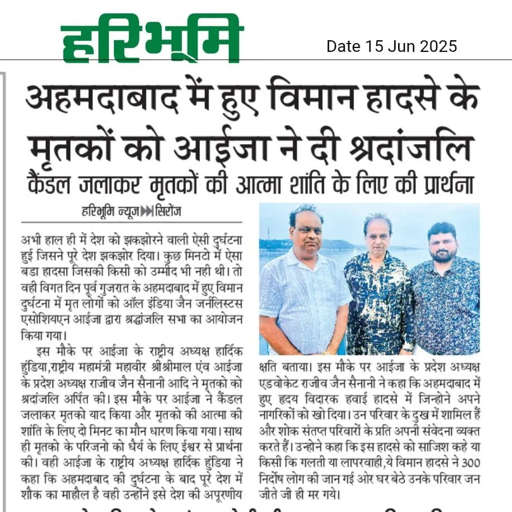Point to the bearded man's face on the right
click(x=442, y=244)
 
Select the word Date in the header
click(x=343, y=46)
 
